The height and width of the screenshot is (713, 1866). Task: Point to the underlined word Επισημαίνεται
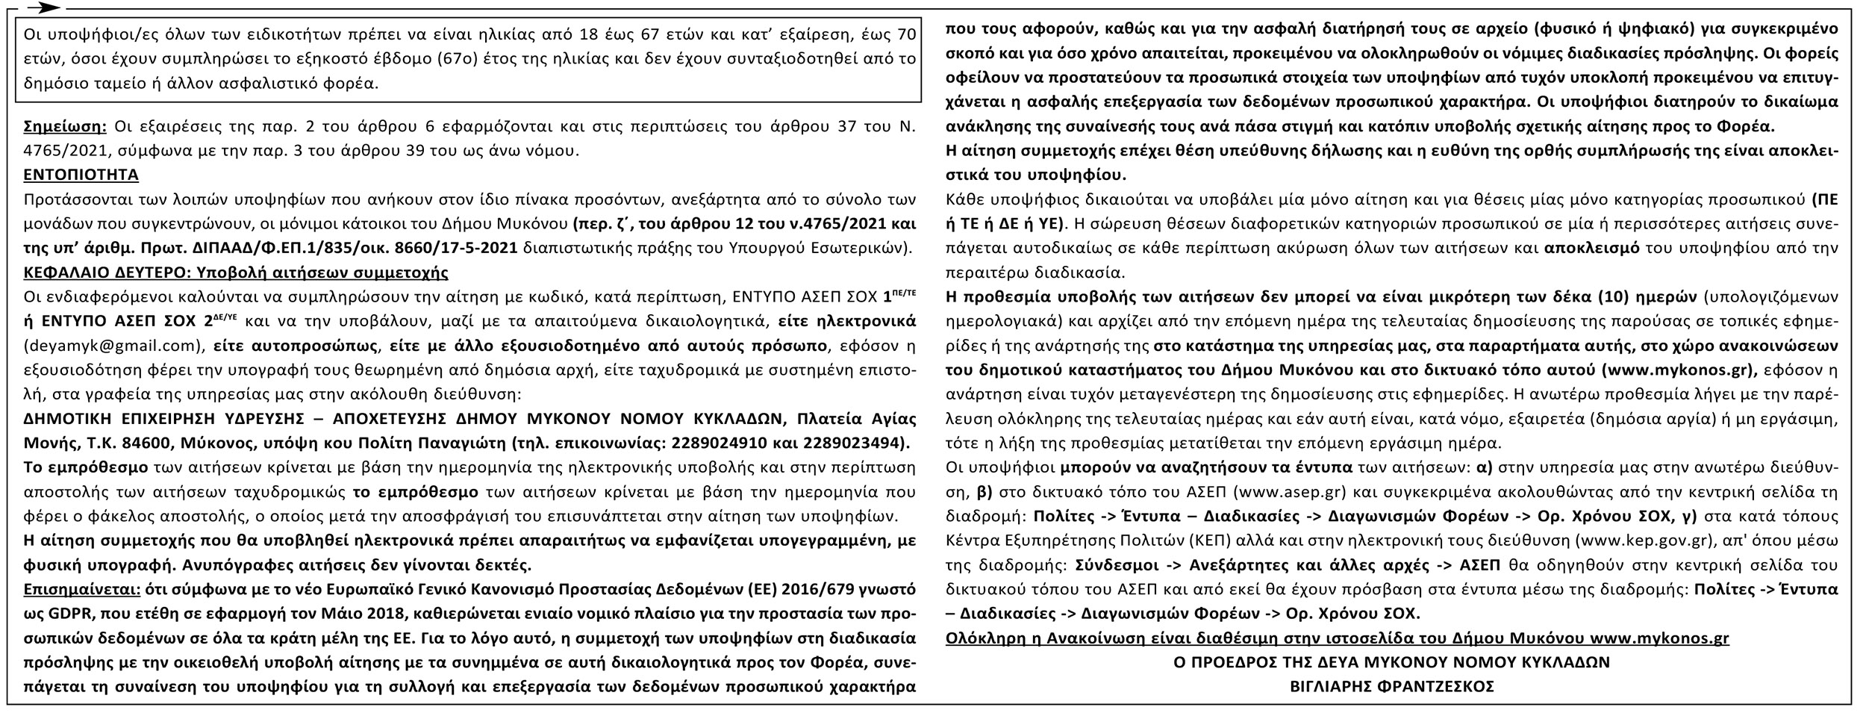click(x=82, y=588)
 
